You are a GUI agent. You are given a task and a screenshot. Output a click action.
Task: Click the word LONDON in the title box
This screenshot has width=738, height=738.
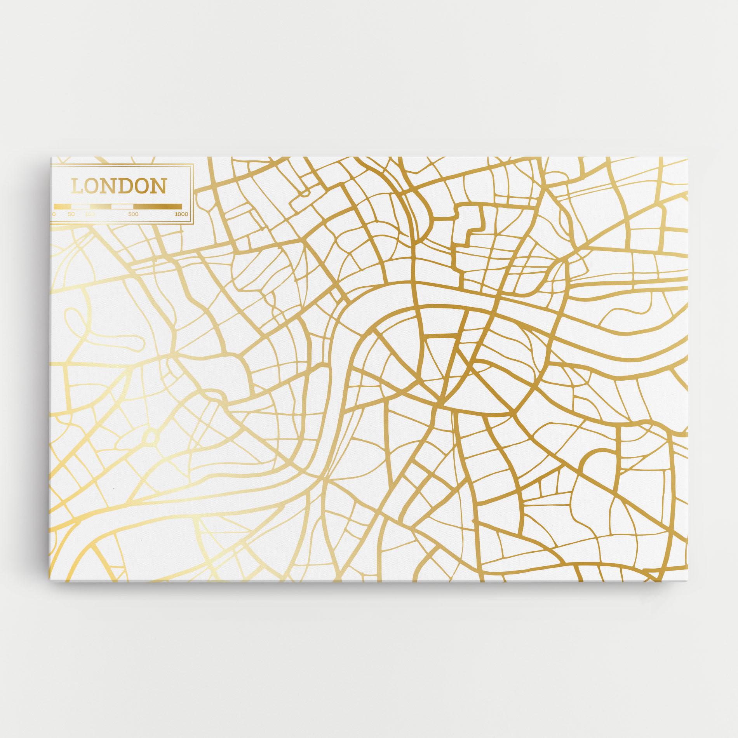coord(119,186)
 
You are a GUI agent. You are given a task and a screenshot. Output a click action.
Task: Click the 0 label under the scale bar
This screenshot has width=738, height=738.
coord(54,214)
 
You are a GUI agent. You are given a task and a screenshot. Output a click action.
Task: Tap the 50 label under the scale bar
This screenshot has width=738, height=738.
coord(71,214)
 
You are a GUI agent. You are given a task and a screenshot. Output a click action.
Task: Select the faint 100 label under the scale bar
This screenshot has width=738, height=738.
coord(90,214)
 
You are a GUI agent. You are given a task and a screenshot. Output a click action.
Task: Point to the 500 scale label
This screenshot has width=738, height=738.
coord(133,214)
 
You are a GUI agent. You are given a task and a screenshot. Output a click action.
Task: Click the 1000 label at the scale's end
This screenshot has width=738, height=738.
coord(181,214)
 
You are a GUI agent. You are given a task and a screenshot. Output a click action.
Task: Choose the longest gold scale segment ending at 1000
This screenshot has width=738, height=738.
coord(157,206)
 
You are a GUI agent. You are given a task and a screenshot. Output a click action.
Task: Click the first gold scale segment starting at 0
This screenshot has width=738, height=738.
coord(62,206)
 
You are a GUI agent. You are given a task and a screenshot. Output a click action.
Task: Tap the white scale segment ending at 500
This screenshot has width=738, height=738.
coord(122,206)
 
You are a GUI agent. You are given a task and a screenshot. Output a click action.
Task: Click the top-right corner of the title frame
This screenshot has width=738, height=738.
coord(193,165)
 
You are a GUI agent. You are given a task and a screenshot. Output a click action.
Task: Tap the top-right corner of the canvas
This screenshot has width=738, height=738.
coord(688,158)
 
